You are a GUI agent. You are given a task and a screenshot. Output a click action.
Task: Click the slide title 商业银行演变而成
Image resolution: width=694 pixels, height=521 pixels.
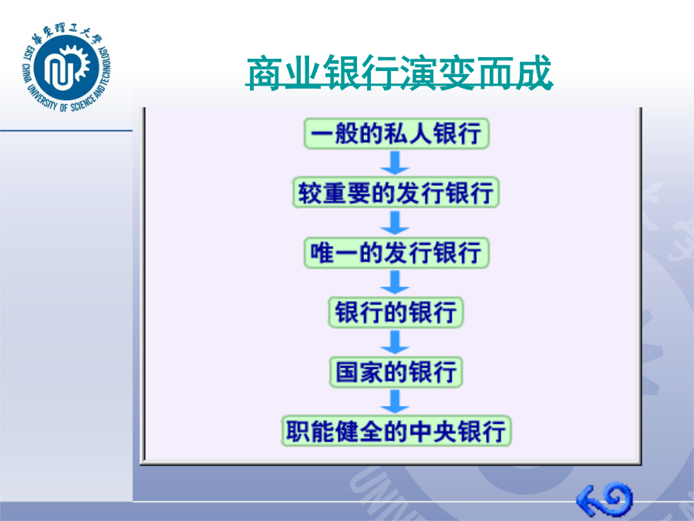point(399,73)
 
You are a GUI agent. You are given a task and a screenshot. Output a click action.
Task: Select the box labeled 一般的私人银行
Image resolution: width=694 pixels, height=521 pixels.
point(396,134)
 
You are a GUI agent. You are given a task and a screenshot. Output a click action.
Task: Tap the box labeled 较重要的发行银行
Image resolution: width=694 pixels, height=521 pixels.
point(396,193)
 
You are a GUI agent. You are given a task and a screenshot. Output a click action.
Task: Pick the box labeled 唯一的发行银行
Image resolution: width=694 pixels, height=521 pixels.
point(396,252)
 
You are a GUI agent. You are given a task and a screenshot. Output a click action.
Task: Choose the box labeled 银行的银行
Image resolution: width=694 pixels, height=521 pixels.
point(396,313)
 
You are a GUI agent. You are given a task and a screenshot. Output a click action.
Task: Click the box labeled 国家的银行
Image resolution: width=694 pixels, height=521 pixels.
point(396,372)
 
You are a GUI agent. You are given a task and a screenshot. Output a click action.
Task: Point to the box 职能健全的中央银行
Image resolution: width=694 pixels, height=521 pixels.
point(396,431)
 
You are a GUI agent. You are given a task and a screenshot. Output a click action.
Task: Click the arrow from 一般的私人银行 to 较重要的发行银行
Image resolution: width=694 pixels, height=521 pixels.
point(395,163)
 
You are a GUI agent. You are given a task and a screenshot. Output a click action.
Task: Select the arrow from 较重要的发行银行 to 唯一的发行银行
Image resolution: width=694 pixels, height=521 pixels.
point(395,222)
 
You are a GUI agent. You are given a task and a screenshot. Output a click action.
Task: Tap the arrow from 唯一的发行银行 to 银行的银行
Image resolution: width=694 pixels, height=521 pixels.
point(395,282)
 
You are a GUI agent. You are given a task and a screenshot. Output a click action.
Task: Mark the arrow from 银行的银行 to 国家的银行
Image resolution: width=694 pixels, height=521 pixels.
point(395,342)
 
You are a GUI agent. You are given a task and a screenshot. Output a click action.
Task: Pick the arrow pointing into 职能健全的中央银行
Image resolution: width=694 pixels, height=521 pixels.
point(395,401)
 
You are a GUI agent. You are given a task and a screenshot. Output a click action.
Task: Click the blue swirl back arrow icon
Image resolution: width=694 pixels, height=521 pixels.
point(605,499)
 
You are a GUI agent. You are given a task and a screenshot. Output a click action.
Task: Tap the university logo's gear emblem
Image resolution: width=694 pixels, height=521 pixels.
point(66,67)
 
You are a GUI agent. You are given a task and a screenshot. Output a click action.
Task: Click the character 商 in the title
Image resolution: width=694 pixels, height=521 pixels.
point(264,73)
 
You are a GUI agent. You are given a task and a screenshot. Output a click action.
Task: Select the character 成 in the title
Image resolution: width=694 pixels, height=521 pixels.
point(534,73)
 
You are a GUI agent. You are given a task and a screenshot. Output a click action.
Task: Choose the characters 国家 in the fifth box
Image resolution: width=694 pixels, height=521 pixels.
point(359,372)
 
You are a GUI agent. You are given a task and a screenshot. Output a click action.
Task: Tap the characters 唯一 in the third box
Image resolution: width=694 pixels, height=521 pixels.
point(334,252)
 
